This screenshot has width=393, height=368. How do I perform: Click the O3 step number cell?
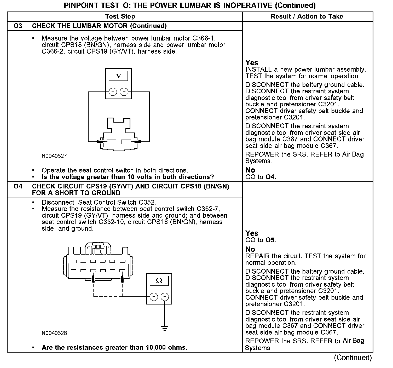point(18,26)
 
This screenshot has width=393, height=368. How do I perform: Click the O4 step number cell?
point(18,186)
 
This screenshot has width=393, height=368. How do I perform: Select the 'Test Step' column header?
point(120,16)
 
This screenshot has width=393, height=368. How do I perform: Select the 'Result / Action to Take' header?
point(307,16)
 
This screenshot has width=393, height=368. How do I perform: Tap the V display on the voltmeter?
point(118,76)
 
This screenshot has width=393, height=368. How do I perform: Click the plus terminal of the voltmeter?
point(113,91)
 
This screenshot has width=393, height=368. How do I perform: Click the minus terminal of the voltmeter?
point(124,91)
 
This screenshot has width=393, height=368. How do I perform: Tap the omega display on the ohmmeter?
point(159,281)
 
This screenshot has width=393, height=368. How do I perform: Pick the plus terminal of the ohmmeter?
point(154,296)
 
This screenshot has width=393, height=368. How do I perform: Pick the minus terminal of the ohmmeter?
point(165,296)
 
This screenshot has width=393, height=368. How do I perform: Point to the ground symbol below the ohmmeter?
point(165,328)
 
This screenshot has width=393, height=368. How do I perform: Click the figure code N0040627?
point(54,156)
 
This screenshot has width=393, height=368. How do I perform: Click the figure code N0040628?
point(54,333)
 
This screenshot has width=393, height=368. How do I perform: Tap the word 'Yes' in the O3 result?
point(252,63)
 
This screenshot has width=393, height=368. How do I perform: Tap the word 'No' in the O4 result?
point(250,249)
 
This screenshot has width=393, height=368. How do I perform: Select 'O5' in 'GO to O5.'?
point(270,240)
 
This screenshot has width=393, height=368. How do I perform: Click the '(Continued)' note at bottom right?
point(352,357)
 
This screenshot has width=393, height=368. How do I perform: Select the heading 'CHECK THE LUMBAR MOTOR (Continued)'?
point(99,26)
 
